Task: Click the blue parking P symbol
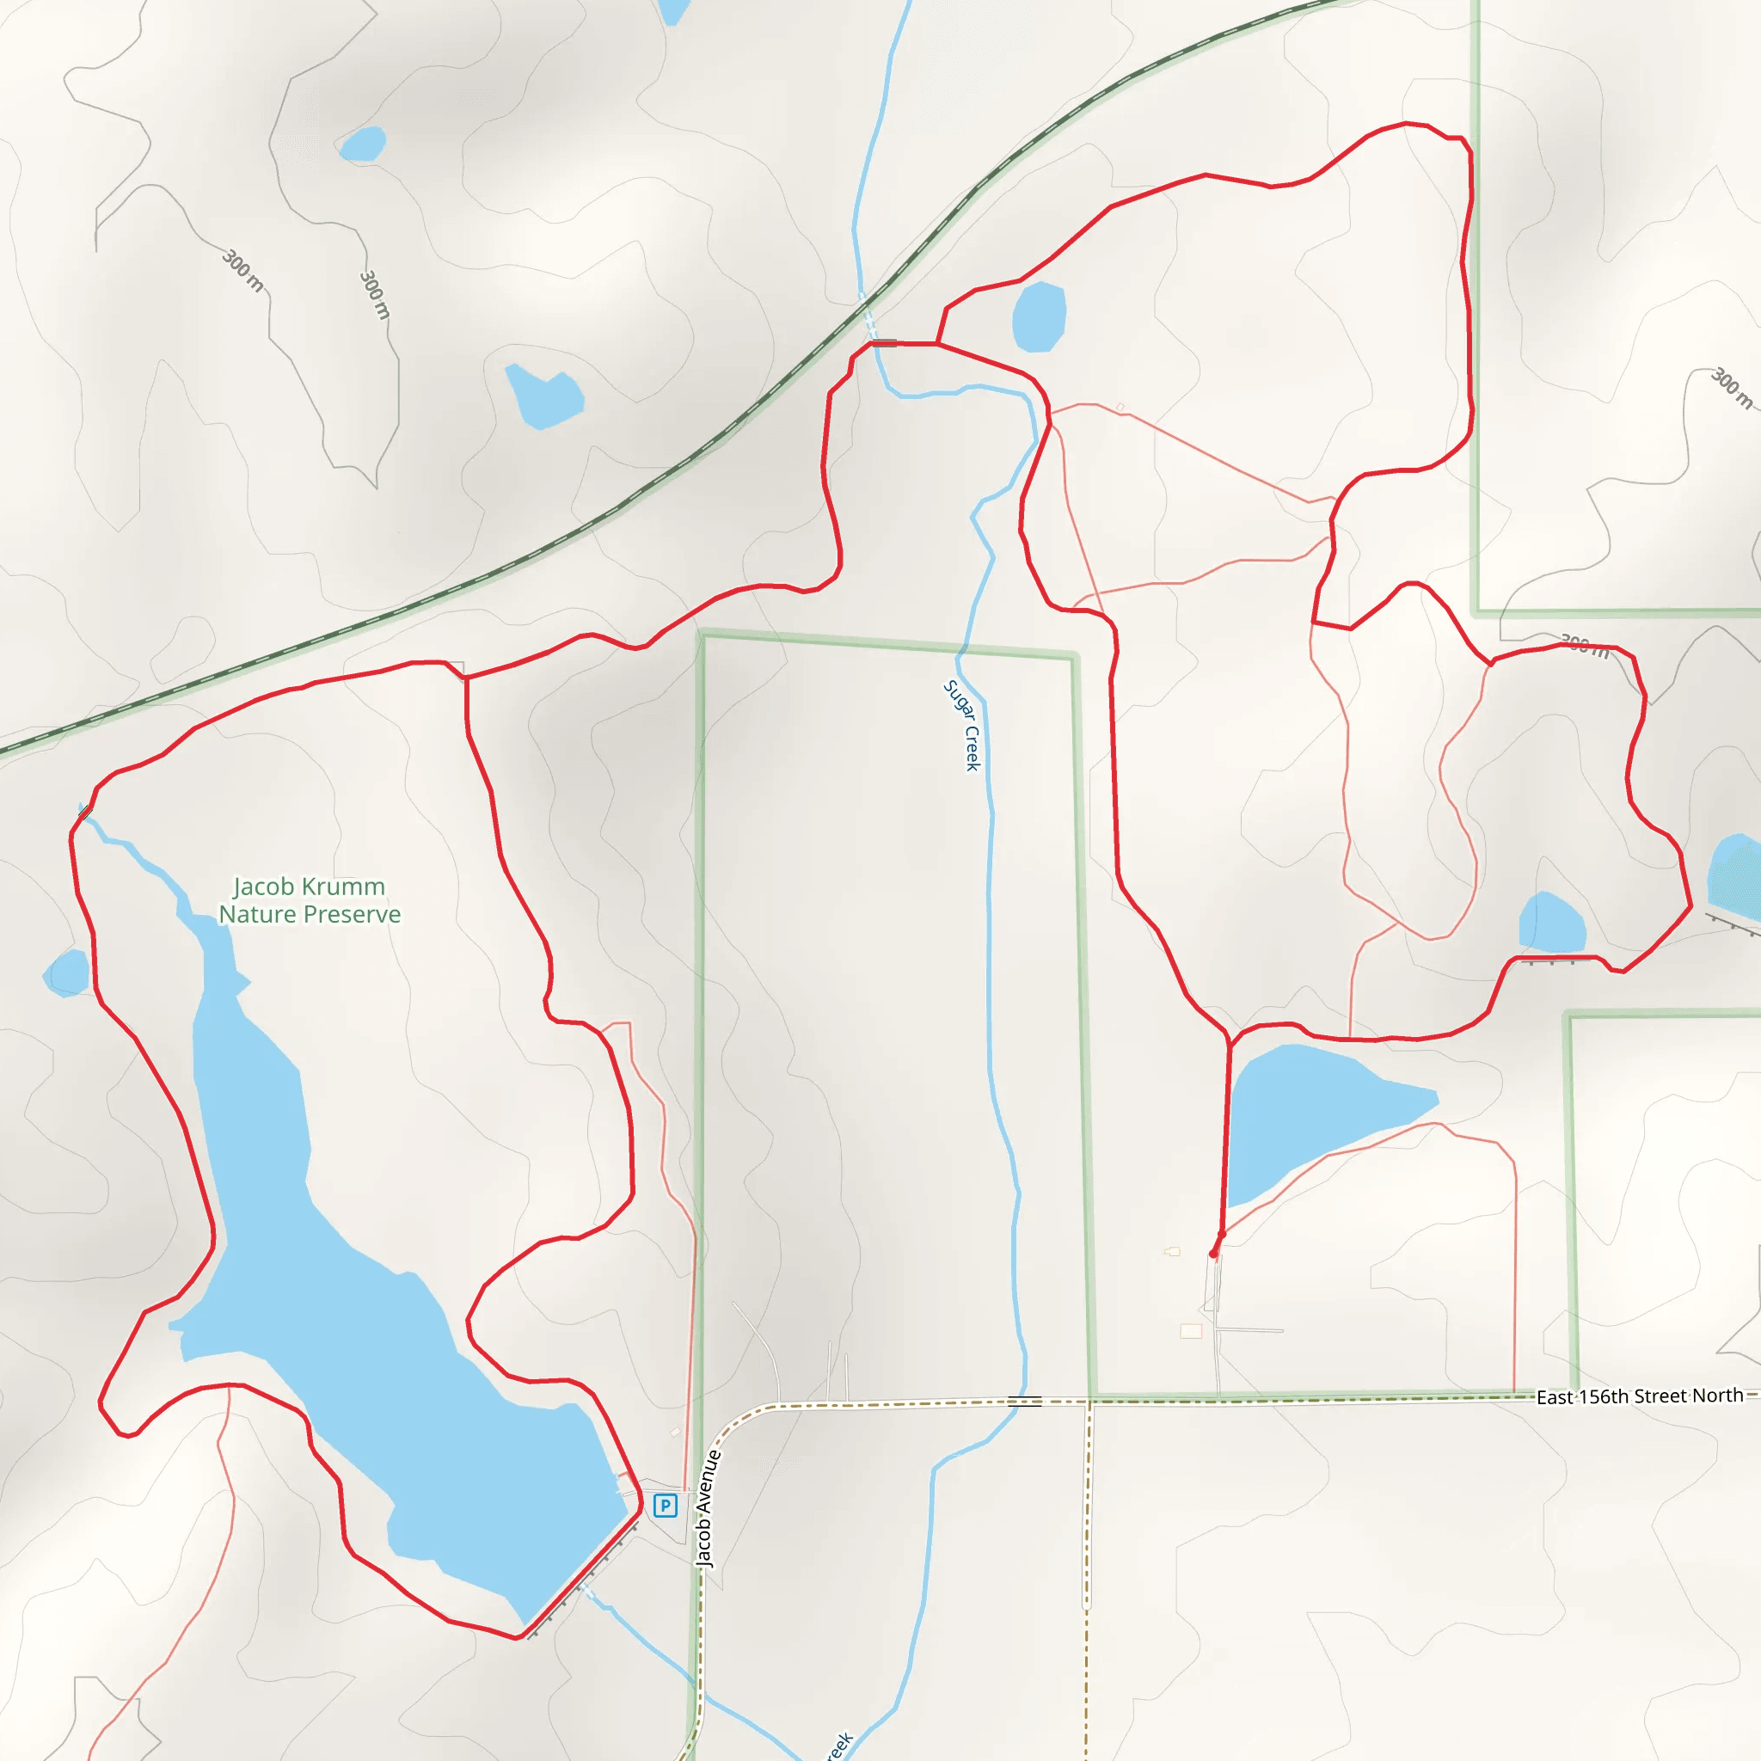(666, 1506)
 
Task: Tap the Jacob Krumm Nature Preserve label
(309, 899)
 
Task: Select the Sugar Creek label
(961, 726)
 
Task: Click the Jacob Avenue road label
(709, 1509)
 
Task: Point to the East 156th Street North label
(1639, 1396)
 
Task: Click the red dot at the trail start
(1213, 1255)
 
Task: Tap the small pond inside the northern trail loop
(1038, 317)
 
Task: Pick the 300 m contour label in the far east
(1730, 389)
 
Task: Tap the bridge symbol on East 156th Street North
(1024, 1401)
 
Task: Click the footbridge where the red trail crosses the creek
(884, 344)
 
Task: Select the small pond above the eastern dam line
(1551, 923)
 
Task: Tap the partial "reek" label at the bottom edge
(838, 1745)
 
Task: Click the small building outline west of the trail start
(1173, 1251)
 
